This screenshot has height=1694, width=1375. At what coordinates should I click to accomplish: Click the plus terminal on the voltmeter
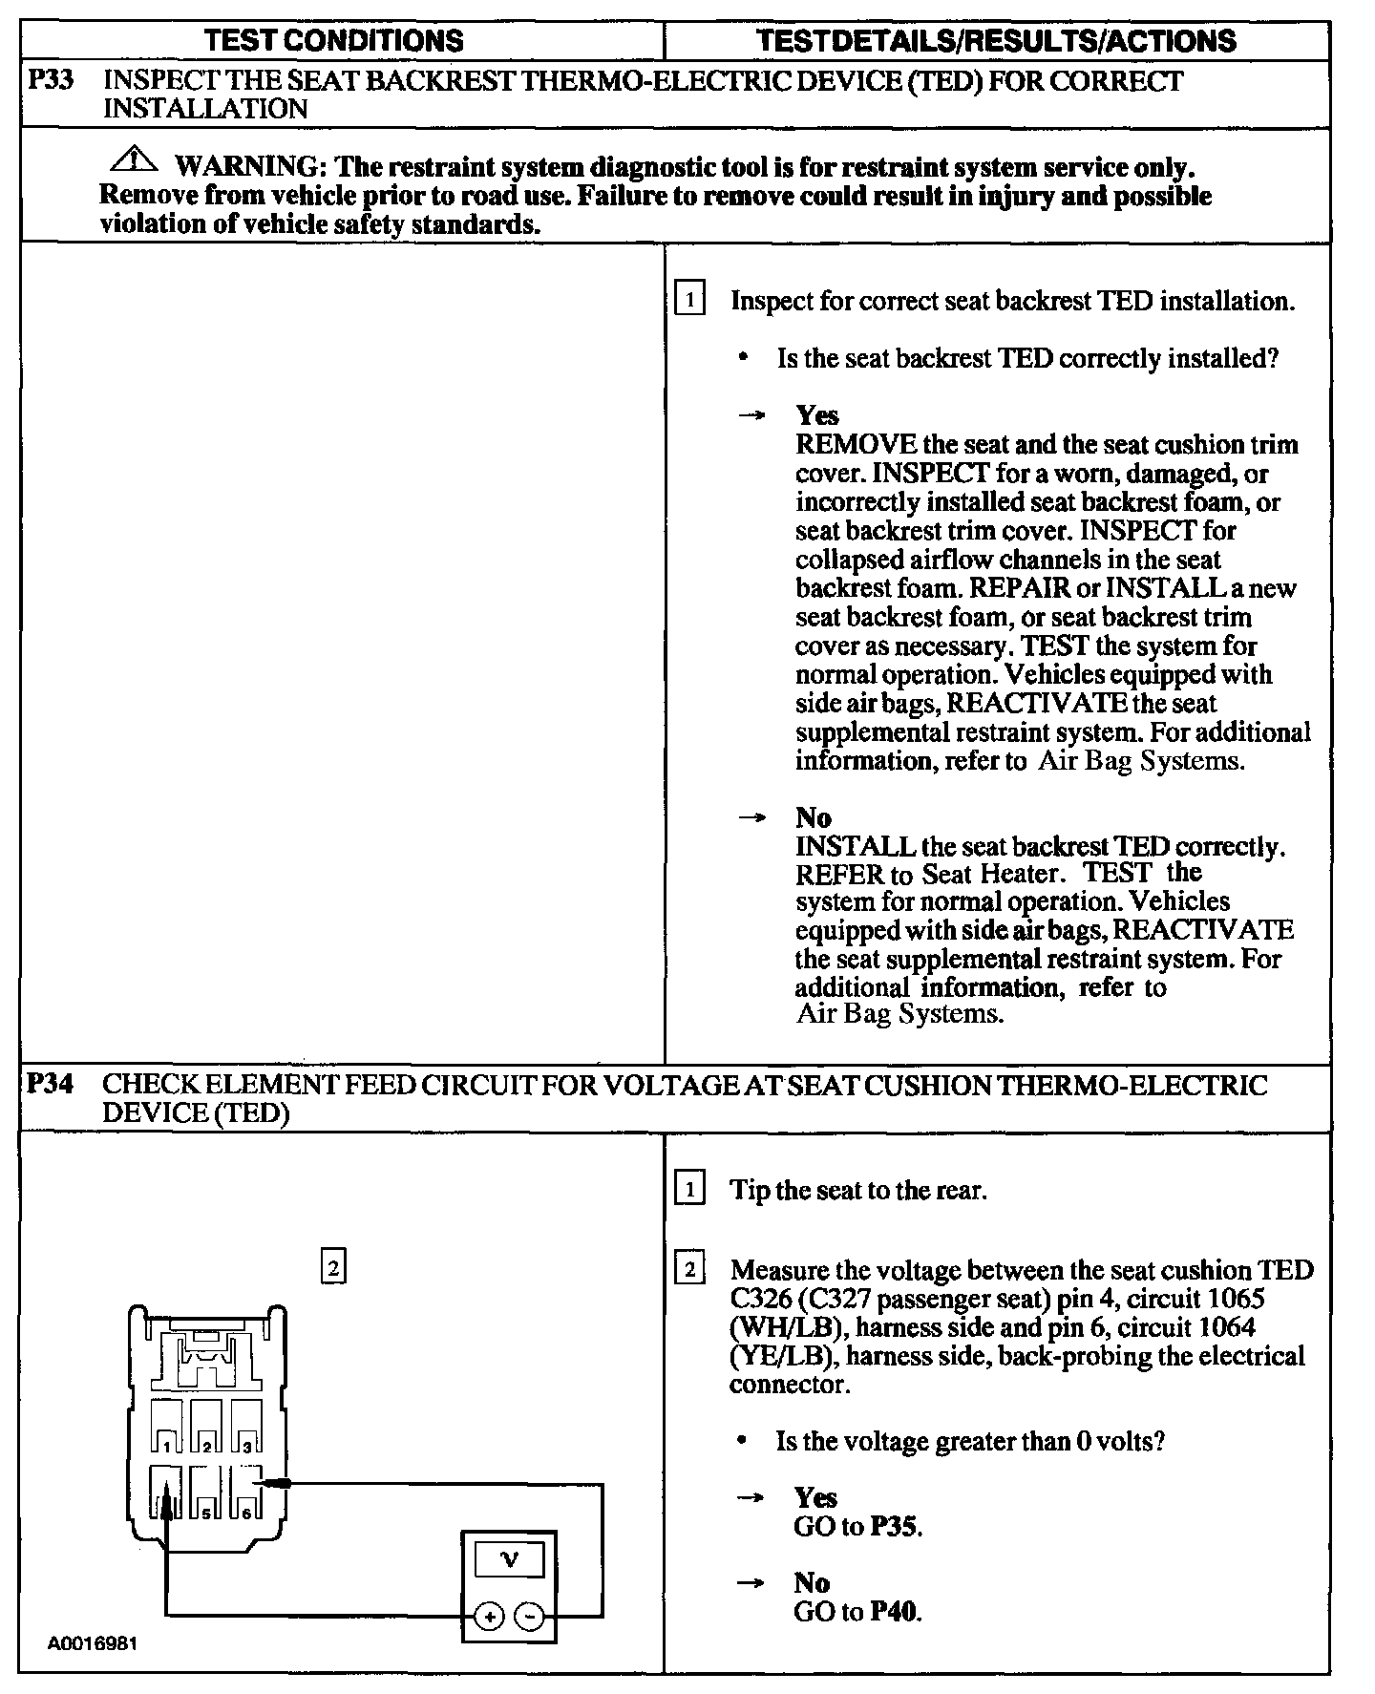pos(489,1616)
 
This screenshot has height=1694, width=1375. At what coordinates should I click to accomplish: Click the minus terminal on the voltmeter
pos(529,1616)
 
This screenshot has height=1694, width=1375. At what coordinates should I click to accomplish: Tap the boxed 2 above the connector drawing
pos(332,1268)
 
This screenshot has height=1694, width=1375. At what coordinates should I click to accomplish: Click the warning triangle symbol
pos(135,159)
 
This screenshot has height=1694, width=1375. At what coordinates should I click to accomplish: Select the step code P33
pos(50,81)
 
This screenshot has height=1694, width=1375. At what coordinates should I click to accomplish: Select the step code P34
pos(50,1085)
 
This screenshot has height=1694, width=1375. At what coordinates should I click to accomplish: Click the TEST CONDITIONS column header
pos(334,40)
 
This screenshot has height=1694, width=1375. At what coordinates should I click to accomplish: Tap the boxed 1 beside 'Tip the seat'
pos(689,1190)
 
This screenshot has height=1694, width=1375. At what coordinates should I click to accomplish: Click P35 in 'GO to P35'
pos(895,1526)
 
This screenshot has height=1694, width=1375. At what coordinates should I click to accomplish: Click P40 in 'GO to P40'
pos(895,1612)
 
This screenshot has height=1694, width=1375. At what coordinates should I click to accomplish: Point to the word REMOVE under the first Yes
pos(857,445)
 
